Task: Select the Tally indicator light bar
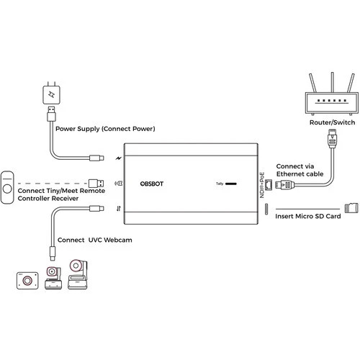pyautogui.click(x=232, y=184)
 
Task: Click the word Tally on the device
pyautogui.click(x=220, y=184)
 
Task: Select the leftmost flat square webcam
pyautogui.click(x=28, y=279)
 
